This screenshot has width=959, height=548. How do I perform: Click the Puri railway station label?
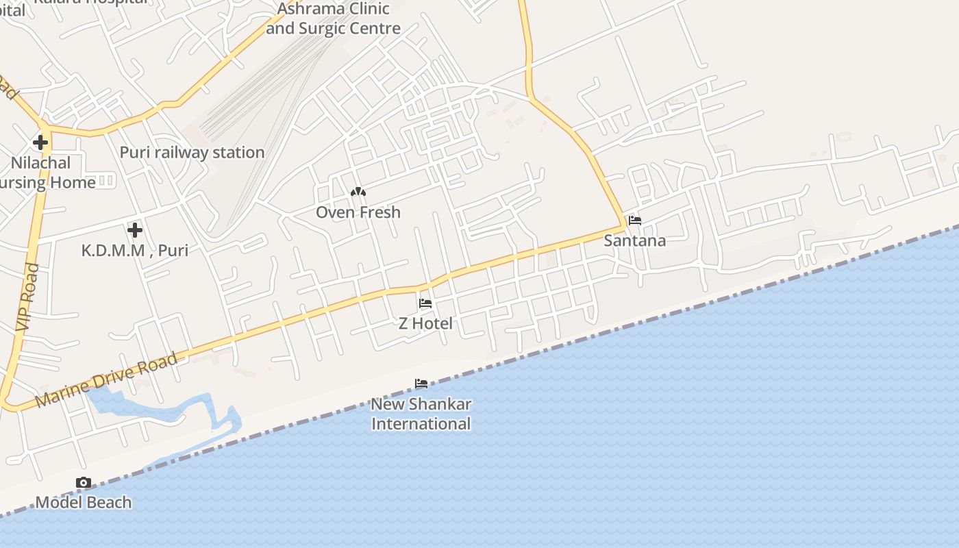click(x=192, y=152)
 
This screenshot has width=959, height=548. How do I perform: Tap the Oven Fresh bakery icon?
click(x=358, y=192)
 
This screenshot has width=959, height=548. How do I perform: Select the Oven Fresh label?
click(x=358, y=212)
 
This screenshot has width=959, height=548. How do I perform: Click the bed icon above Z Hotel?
click(x=425, y=303)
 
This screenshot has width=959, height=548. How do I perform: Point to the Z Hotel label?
click(x=425, y=323)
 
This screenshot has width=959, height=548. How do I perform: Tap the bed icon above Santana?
click(x=635, y=221)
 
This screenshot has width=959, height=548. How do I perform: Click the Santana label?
click(x=634, y=240)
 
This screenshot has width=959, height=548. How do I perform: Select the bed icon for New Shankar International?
click(x=421, y=384)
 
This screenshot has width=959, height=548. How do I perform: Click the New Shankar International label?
click(x=421, y=414)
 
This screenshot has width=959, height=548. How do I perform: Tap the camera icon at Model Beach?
click(x=84, y=483)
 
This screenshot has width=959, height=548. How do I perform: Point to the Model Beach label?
click(x=84, y=502)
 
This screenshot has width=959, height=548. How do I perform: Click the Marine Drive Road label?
click(x=106, y=380)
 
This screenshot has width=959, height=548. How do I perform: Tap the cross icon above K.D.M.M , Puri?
click(x=135, y=229)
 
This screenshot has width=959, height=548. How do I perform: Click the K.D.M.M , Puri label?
click(x=135, y=250)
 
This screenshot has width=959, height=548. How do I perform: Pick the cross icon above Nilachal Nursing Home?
click(x=40, y=142)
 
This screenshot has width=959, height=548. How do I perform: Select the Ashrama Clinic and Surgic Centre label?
click(x=334, y=18)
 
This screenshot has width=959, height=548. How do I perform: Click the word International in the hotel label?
click(x=421, y=424)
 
